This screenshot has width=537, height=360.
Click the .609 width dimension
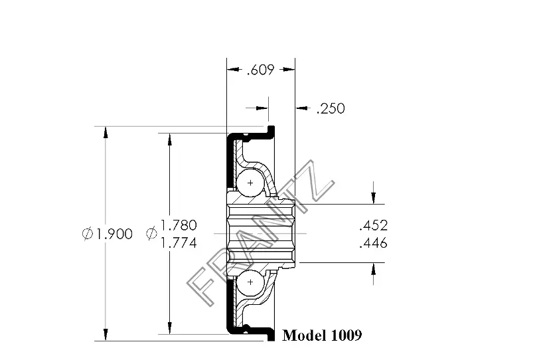click(x=261, y=70)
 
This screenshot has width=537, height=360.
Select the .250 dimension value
click(x=331, y=108)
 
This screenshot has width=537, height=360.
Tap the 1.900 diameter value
click(x=114, y=234)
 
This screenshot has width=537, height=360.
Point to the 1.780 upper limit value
click(x=179, y=225)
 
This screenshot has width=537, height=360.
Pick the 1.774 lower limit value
click(x=179, y=243)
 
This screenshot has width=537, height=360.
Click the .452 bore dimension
click(x=373, y=225)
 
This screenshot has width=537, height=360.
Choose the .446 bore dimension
click(x=373, y=243)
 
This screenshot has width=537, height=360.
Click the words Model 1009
click(x=322, y=335)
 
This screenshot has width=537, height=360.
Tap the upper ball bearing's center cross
click(x=250, y=183)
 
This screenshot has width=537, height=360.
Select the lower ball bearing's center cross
click(x=250, y=282)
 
